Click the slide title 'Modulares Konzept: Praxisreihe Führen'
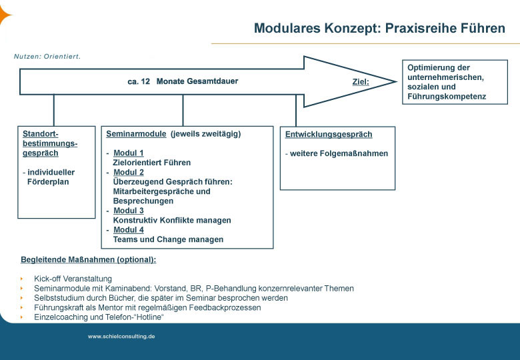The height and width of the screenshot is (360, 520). pyautogui.click(x=379, y=28)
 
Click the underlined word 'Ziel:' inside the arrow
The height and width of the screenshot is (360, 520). pyautogui.click(x=361, y=81)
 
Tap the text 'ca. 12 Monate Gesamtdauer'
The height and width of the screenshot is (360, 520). pyautogui.click(x=183, y=81)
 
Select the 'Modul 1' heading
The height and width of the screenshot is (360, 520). pyautogui.click(x=129, y=153)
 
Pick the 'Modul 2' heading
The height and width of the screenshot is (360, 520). pyautogui.click(x=129, y=172)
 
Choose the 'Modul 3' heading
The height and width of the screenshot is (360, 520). pyautogui.click(x=129, y=211)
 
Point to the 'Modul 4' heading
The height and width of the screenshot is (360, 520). pyautogui.click(x=129, y=230)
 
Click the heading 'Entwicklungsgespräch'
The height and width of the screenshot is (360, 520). pyautogui.click(x=329, y=134)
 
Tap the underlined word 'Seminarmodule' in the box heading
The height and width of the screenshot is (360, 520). pyautogui.click(x=136, y=134)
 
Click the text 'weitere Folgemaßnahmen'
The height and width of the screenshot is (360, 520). pyautogui.click(x=339, y=153)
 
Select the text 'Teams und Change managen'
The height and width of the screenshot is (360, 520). pyautogui.click(x=168, y=239)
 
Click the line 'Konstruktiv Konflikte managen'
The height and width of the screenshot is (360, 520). pyautogui.click(x=172, y=220)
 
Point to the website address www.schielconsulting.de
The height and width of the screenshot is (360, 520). pyautogui.click(x=121, y=336)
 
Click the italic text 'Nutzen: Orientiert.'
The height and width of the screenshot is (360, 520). pyautogui.click(x=47, y=57)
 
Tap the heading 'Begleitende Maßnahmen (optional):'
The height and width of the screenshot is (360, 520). pyautogui.click(x=88, y=259)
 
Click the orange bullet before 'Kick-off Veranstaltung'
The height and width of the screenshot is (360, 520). pyautogui.click(x=22, y=279)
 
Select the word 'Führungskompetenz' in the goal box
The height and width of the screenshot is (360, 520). pyautogui.click(x=447, y=97)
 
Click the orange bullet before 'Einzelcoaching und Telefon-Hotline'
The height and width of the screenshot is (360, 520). pyautogui.click(x=22, y=317)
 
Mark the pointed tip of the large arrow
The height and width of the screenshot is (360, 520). pyautogui.click(x=397, y=81)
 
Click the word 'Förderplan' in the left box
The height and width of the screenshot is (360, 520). pyautogui.click(x=48, y=181)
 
